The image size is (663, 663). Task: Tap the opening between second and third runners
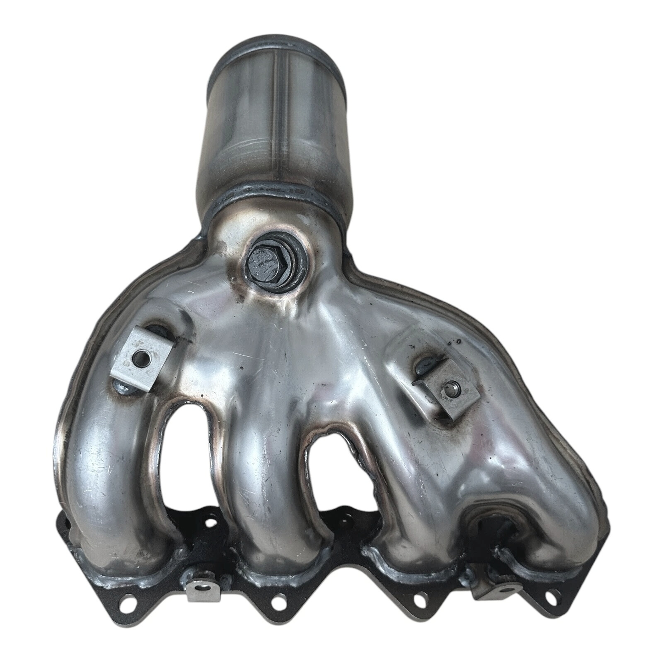(335, 477)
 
